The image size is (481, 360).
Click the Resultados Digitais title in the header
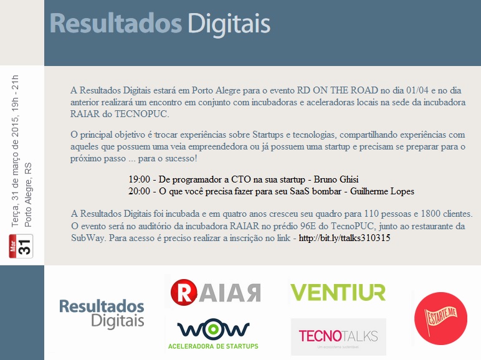(x=160, y=24)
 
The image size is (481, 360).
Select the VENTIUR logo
(x=338, y=291)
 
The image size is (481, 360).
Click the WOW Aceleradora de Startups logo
(x=213, y=334)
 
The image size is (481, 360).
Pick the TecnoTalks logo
(x=338, y=336)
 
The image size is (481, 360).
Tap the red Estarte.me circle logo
(x=441, y=318)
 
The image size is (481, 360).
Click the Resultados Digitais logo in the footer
(x=102, y=313)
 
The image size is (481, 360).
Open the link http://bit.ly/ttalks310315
(x=345, y=238)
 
